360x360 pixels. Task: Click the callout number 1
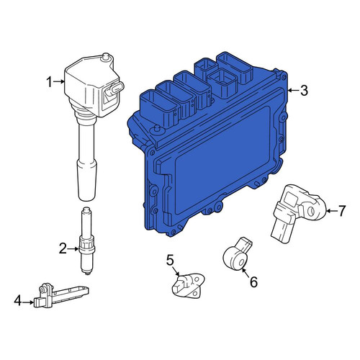pos(49,82)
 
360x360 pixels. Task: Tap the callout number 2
pos(63,248)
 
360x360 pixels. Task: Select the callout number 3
pos(304,91)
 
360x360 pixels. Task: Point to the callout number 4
pos(18,301)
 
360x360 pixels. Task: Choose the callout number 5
pos(170,260)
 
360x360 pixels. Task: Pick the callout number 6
pos(253,282)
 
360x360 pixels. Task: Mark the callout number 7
pos(342,211)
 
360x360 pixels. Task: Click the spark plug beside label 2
pos(86,240)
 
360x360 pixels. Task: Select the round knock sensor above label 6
pos(237,255)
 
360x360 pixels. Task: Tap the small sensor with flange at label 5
pos(189,286)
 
